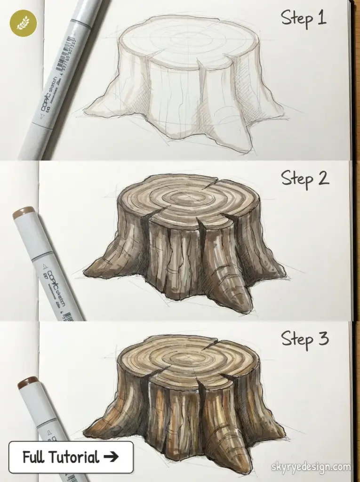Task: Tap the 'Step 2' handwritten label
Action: point(305,178)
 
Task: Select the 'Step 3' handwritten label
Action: point(305,338)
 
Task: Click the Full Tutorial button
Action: point(71,457)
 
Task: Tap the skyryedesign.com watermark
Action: point(311,467)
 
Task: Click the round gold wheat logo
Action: point(23,23)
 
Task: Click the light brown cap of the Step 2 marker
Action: point(24,213)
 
